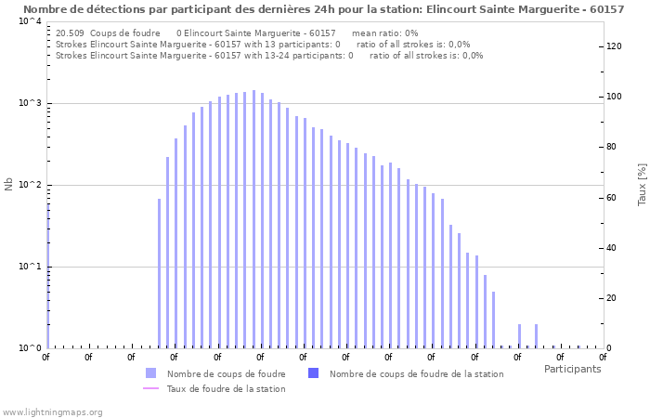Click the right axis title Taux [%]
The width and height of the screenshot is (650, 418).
pyautogui.click(x=642, y=184)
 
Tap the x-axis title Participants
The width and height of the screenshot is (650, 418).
pyautogui.click(x=572, y=369)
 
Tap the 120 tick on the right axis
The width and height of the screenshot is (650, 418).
pyautogui.click(x=614, y=46)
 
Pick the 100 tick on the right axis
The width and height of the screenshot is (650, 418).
pyautogui.click(x=614, y=97)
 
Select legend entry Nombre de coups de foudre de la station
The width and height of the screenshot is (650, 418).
pyautogui.click(x=416, y=373)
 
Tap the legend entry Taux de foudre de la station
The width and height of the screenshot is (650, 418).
pyautogui.click(x=226, y=388)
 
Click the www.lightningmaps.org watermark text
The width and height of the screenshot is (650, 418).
pyautogui.click(x=52, y=411)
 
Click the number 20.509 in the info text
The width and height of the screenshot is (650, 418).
pyautogui.click(x=71, y=33)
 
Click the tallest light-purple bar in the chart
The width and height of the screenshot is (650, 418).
pyautogui.click(x=253, y=219)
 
